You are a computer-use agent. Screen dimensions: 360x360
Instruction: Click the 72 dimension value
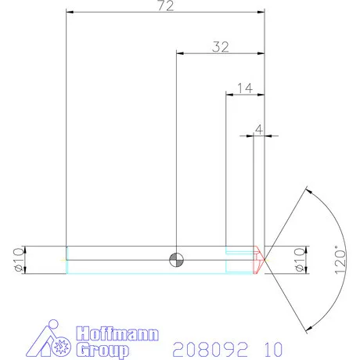[x=165, y=7]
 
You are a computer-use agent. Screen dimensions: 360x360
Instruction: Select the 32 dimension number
[x=220, y=47]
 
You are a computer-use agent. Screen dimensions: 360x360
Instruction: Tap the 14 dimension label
[x=243, y=88]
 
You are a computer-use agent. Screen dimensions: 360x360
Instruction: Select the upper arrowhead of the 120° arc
[x=308, y=190]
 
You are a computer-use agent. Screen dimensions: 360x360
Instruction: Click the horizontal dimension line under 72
[x=165, y=13]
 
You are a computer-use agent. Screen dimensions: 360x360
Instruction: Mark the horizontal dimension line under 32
[x=220, y=53]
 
